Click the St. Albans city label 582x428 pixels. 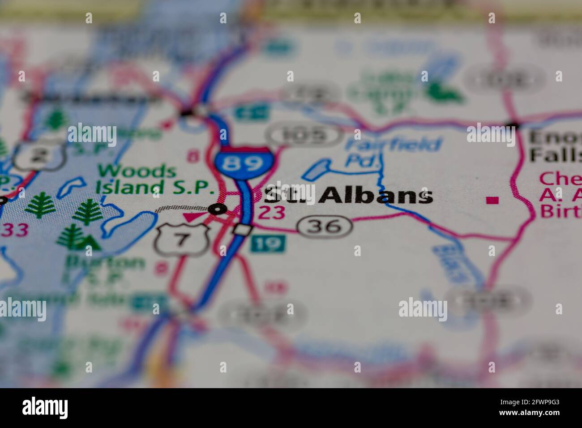tap(348, 196)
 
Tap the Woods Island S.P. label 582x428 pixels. tap(154, 179)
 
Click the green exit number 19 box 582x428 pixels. tap(267, 244)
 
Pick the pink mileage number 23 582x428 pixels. tap(272, 213)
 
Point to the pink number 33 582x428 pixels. tap(16, 230)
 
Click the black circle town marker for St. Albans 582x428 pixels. tap(218, 209)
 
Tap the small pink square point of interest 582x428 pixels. tap(492, 200)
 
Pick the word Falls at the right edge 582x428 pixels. tap(555, 155)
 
